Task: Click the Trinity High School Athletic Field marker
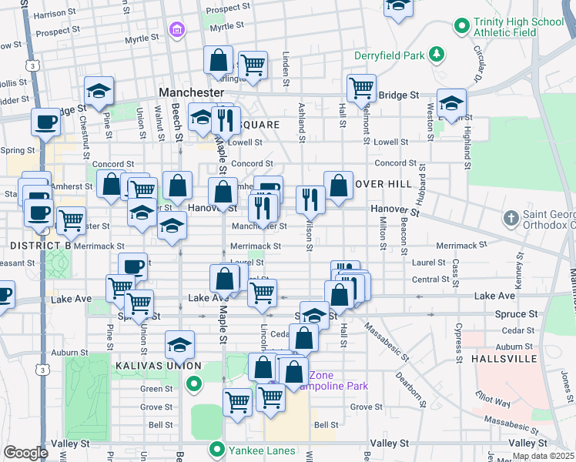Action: (x=462, y=25)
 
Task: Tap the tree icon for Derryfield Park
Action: (x=437, y=54)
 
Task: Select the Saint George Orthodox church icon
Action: (x=511, y=219)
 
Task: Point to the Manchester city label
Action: (x=190, y=92)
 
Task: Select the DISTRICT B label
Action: (x=41, y=245)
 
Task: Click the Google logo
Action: (x=25, y=452)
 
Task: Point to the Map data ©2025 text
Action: (x=543, y=456)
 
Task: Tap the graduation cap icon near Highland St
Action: (x=452, y=102)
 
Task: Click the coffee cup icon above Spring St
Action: (x=45, y=122)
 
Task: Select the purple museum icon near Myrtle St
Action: (x=176, y=30)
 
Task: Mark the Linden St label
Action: (x=286, y=69)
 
